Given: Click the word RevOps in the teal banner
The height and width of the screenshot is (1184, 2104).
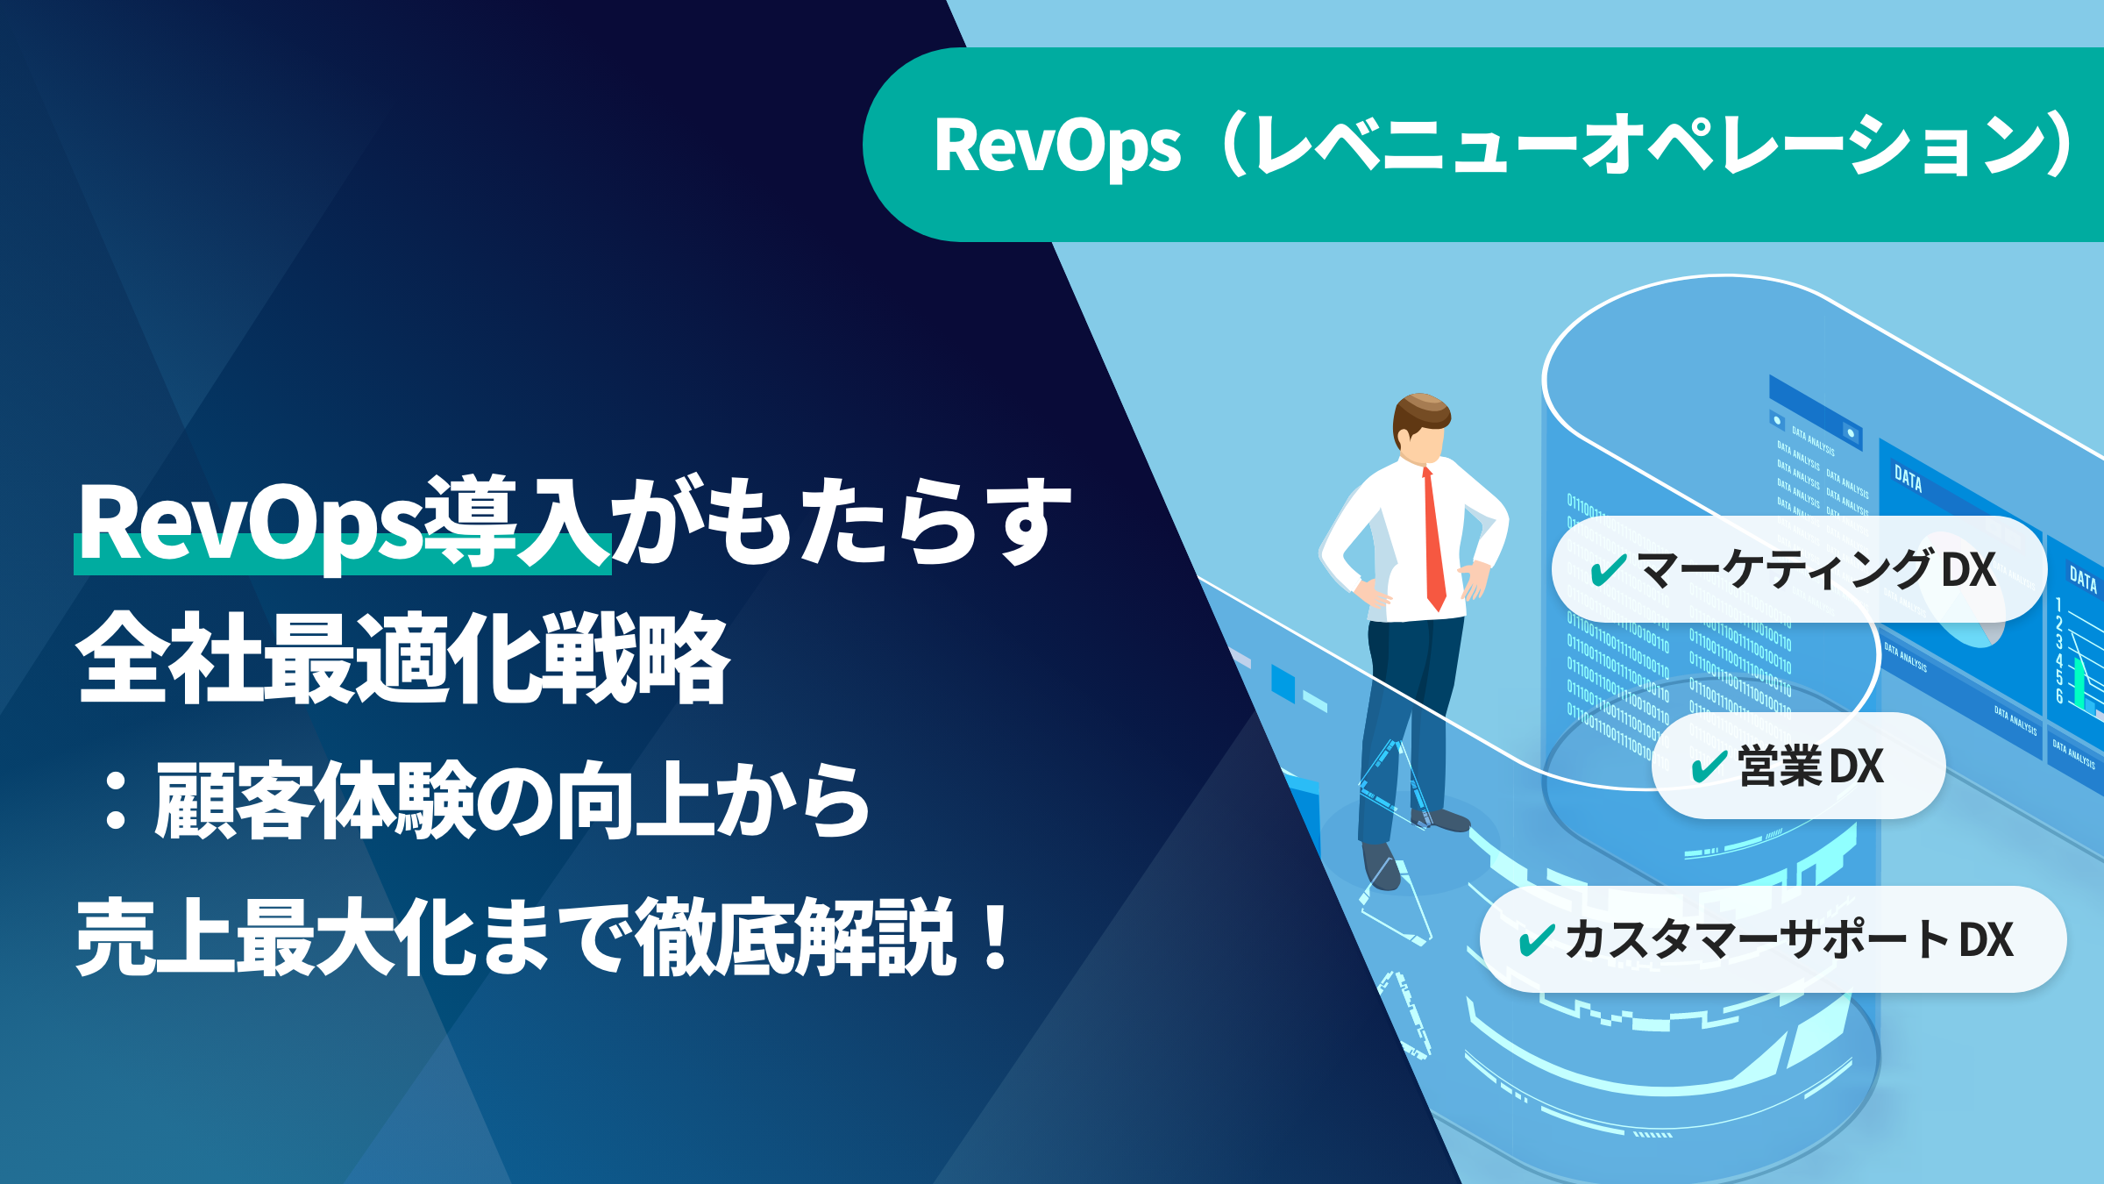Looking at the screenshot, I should pos(1056,146).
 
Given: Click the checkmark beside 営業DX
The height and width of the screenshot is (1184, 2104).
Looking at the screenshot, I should pos(1709,767).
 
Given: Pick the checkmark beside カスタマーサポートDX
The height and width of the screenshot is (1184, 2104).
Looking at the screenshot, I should pos(1537,940).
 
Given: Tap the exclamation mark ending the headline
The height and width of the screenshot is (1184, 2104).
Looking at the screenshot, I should pos(996,938).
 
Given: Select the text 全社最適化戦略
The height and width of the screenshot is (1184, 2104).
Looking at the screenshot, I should pos(403,658).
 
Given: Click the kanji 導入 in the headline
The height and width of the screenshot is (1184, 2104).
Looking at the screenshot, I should pos(517,523).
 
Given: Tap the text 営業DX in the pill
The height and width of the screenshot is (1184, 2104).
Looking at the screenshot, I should pos(1809,767).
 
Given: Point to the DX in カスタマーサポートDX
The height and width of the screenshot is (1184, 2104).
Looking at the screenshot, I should pos(1987,940).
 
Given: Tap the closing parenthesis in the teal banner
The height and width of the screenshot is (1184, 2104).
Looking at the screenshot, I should pos(2060,146).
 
